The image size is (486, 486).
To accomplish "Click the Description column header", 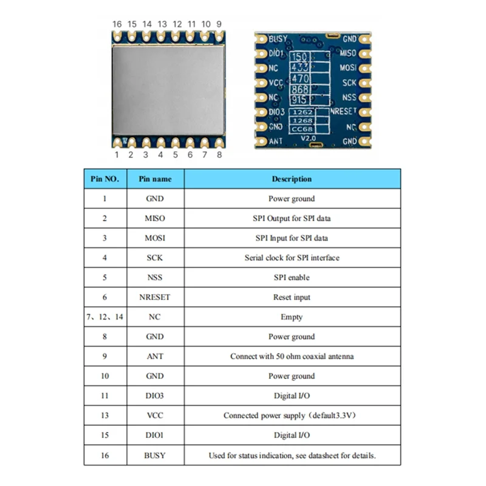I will tap(292, 179).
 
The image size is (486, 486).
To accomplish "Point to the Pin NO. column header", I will tap(104, 179).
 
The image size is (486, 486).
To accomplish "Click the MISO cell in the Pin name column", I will tap(155, 218).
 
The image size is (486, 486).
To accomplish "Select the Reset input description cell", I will tap(292, 297).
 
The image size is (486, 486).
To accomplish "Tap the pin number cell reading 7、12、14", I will tap(104, 317).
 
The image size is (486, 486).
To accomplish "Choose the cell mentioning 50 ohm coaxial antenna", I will tap(292, 357).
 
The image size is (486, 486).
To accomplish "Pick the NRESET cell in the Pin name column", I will tap(155, 297).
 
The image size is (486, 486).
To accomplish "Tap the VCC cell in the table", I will tap(155, 416).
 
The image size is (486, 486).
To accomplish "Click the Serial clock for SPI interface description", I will tap(292, 258).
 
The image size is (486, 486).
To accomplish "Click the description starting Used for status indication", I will tap(292, 455).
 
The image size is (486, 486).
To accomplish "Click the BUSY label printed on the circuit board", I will tap(278, 39).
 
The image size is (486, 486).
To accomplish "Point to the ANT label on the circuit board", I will tap(276, 142).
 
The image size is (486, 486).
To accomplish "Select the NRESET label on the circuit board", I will tap(343, 112).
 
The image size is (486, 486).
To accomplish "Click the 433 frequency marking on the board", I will tap(300, 67).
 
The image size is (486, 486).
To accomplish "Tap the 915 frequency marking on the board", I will tap(299, 100).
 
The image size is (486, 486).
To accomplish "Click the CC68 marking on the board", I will tap(301, 129).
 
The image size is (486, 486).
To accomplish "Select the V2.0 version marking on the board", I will tap(309, 139).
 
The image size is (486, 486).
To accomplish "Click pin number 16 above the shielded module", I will tap(117, 24).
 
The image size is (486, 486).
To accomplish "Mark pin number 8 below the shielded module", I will tap(219, 154).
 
